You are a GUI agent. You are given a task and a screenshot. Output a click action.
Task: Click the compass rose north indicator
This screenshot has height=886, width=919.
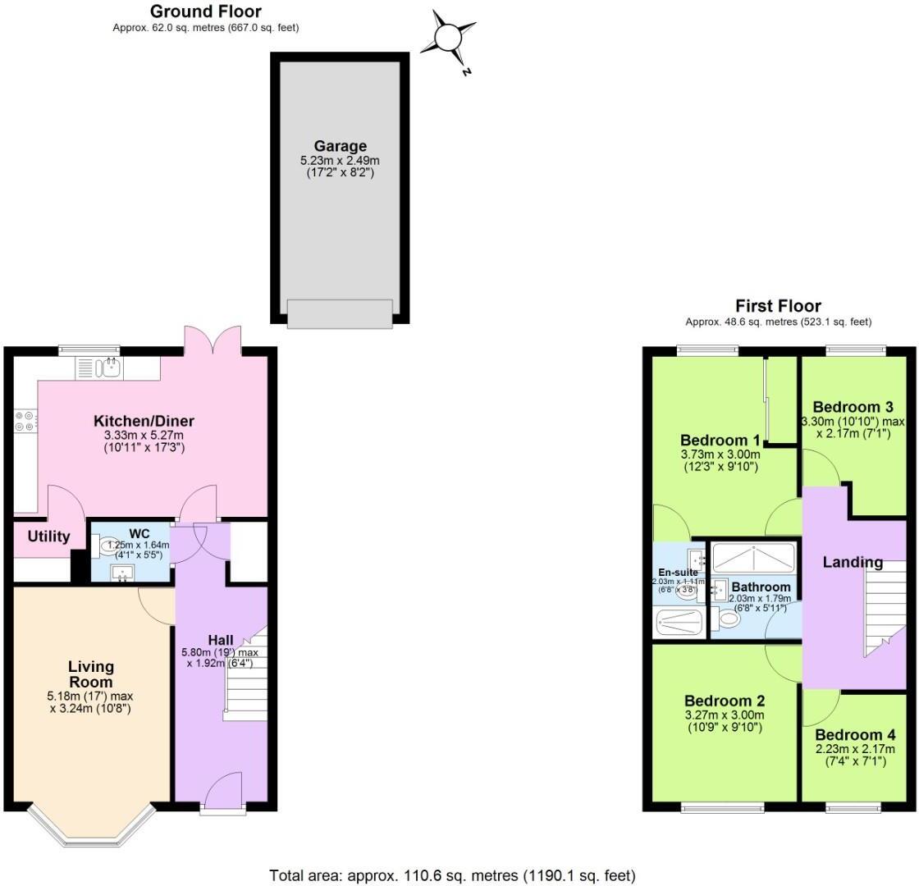point(449,39)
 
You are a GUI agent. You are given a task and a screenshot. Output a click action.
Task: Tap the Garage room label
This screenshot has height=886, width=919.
point(339,147)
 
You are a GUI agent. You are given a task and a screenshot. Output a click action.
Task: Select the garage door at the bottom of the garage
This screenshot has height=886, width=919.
point(340,313)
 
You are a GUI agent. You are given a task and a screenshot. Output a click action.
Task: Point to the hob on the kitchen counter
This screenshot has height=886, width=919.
point(25,421)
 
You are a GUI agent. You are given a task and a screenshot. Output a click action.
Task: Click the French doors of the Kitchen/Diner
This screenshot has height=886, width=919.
point(213,340)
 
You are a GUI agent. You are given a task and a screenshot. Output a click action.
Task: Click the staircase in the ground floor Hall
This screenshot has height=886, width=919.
point(246,676)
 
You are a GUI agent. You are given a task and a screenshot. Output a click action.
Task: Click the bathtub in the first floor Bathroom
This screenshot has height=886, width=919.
point(753,558)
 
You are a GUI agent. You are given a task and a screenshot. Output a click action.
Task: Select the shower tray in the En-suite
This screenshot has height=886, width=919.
point(680,622)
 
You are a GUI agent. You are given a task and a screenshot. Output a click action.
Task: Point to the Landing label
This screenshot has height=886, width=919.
point(853,563)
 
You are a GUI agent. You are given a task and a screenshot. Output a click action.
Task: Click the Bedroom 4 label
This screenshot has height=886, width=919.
point(855,735)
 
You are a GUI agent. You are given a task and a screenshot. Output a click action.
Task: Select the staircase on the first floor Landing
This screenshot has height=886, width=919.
point(884,608)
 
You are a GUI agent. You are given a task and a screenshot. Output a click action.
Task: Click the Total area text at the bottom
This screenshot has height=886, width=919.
point(452,875)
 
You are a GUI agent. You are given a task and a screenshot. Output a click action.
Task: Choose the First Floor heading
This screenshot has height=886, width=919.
point(777,306)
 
